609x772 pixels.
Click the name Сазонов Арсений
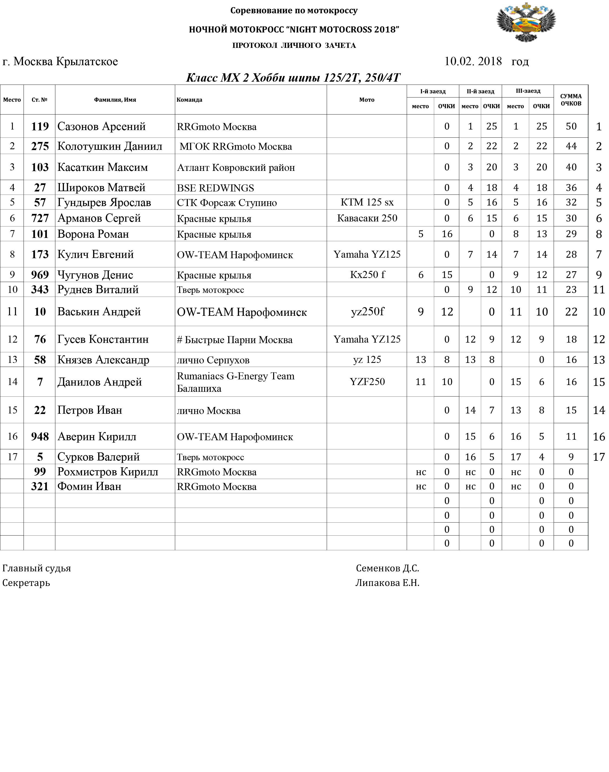click(101, 127)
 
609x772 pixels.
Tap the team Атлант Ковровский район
click(236, 167)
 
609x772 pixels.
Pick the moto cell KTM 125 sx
click(367, 202)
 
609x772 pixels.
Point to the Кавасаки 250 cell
click(367, 218)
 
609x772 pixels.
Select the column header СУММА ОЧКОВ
click(571, 100)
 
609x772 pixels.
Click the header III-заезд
click(528, 91)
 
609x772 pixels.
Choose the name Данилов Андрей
click(100, 382)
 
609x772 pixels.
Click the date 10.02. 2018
click(473, 62)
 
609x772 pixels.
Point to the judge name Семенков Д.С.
click(387, 568)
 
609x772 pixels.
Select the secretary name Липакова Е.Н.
click(387, 583)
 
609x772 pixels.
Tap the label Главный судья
click(36, 568)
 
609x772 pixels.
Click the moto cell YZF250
click(367, 382)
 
